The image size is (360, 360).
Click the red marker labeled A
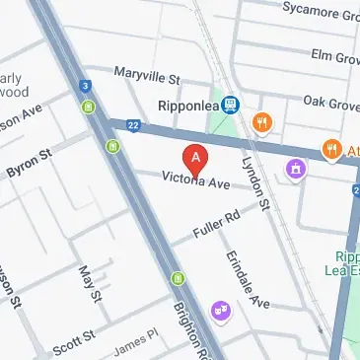click(x=196, y=158)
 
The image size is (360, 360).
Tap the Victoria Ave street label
click(x=195, y=181)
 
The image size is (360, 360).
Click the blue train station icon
click(x=230, y=103)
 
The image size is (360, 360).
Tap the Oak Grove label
click(x=328, y=101)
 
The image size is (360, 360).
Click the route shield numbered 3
click(x=87, y=87)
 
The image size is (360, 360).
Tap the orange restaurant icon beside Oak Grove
click(x=261, y=123)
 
